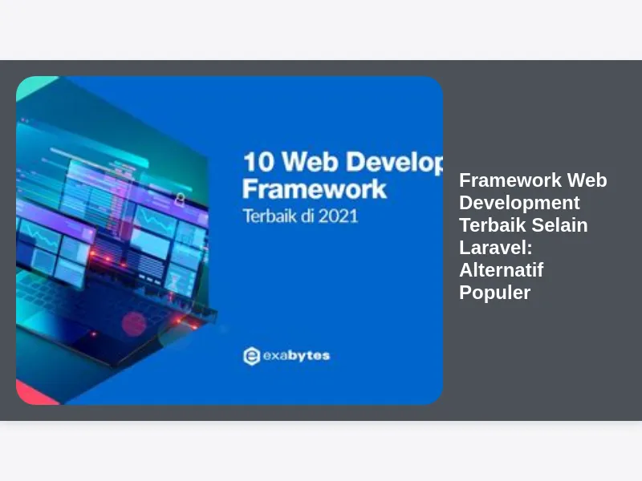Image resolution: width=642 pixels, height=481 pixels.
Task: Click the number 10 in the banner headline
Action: click(258, 162)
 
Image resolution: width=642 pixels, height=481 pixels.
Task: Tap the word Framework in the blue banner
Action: click(315, 189)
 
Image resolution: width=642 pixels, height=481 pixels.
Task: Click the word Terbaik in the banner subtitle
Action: click(270, 216)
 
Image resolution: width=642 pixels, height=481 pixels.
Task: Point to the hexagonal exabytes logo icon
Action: click(251, 356)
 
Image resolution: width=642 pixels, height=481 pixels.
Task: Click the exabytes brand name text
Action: click(296, 356)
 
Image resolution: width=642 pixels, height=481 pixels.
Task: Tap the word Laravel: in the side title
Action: click(495, 248)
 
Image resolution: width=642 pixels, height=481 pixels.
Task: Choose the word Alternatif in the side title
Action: click(501, 270)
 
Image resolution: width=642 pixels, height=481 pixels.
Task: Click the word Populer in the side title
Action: click(494, 293)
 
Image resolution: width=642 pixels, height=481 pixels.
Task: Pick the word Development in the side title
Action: click(519, 203)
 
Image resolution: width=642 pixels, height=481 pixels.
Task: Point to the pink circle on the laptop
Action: click(133, 324)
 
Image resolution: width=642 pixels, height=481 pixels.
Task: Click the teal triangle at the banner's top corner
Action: click(34, 87)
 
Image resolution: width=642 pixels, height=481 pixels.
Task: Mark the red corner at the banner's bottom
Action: click(35, 393)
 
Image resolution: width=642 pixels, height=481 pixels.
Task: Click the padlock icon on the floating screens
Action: click(180, 199)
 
